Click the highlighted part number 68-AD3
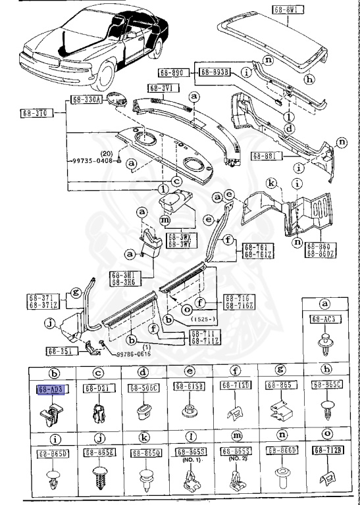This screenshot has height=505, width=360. (x=51, y=390)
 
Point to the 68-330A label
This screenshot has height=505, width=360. (x=86, y=100)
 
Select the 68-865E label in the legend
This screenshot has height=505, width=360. (x=97, y=453)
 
